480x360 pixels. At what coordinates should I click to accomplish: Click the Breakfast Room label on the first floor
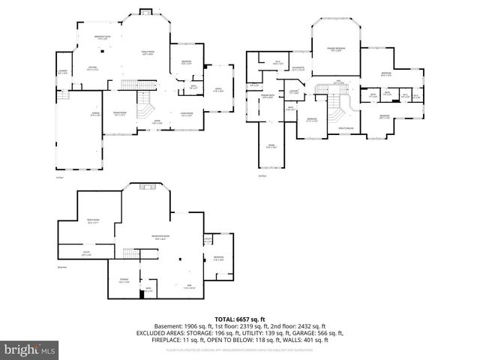coord(103,37)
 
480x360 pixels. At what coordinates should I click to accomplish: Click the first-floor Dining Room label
coord(119,113)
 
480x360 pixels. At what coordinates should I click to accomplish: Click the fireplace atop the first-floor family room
coord(143,13)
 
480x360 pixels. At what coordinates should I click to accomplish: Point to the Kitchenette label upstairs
coord(297,69)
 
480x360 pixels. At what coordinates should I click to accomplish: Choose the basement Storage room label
coord(124,280)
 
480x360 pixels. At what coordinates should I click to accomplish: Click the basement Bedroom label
coord(218,259)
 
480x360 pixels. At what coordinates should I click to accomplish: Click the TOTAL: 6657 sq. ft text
coord(239,317)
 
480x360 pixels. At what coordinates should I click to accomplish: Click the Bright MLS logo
coord(30,349)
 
